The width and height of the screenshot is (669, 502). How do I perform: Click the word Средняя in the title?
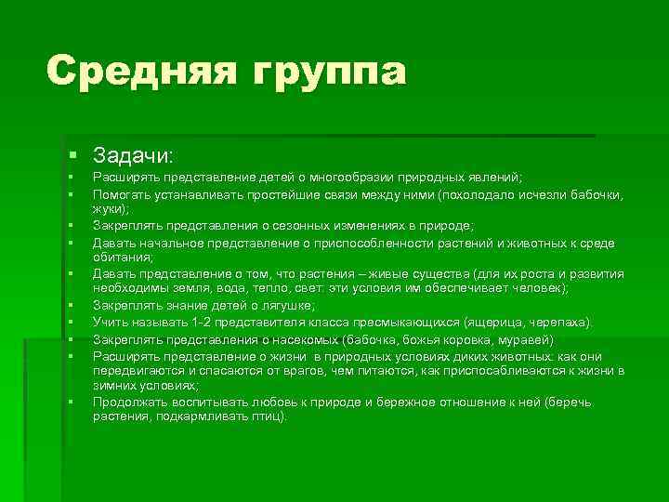129,72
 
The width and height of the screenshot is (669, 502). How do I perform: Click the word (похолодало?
478,195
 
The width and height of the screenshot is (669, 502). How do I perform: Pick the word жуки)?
110,209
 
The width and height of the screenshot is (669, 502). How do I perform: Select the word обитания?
120,258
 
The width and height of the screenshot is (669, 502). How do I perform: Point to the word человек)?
540,289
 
